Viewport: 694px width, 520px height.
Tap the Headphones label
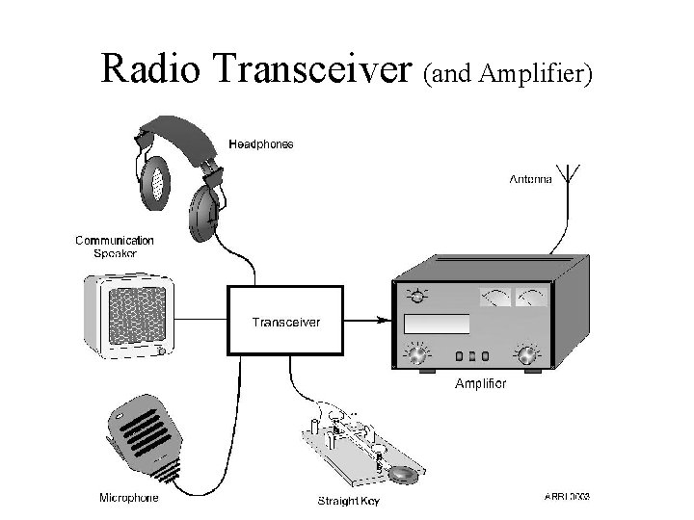(260, 144)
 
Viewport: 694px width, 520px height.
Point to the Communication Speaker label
(115, 247)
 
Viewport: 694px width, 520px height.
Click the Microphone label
(129, 498)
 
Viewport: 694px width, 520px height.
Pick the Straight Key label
(349, 501)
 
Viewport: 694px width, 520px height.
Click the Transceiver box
(285, 322)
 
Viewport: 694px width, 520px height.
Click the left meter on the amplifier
(494, 298)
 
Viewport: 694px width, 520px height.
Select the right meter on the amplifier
(530, 298)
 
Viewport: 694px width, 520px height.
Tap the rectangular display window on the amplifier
(436, 324)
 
